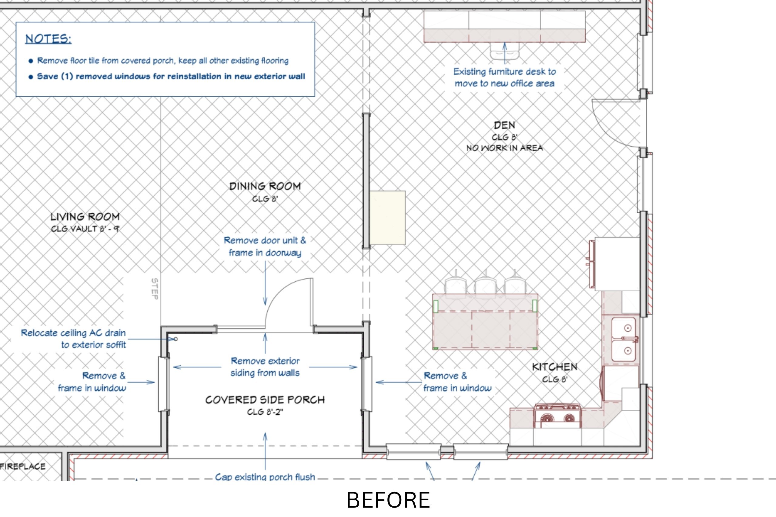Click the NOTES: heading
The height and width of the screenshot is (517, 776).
tap(48, 39)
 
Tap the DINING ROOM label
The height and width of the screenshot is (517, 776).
tap(265, 186)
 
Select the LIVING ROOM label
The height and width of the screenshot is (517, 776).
tap(85, 217)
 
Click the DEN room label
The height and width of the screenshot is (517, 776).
tap(504, 125)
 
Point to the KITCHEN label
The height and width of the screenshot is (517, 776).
tap(555, 367)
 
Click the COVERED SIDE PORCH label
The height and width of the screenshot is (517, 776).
tap(265, 400)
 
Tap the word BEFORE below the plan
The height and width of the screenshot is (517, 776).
tap(388, 500)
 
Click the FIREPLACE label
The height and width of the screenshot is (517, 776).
tap(22, 466)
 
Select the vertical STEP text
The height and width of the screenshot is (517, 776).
tap(154, 289)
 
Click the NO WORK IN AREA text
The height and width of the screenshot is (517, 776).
tap(504, 148)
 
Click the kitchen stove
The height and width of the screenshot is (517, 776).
tap(557, 416)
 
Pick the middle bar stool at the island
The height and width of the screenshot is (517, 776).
tap(485, 286)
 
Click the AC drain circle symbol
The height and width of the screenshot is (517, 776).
tap(176, 339)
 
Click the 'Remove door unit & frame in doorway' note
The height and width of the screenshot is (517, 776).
tap(265, 247)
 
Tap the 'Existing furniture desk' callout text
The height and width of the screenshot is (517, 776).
tap(504, 78)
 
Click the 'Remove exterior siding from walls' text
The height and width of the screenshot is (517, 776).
tap(265, 367)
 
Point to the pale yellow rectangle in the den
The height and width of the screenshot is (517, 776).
tap(387, 218)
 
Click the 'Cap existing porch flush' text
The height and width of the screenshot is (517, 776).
tap(265, 477)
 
